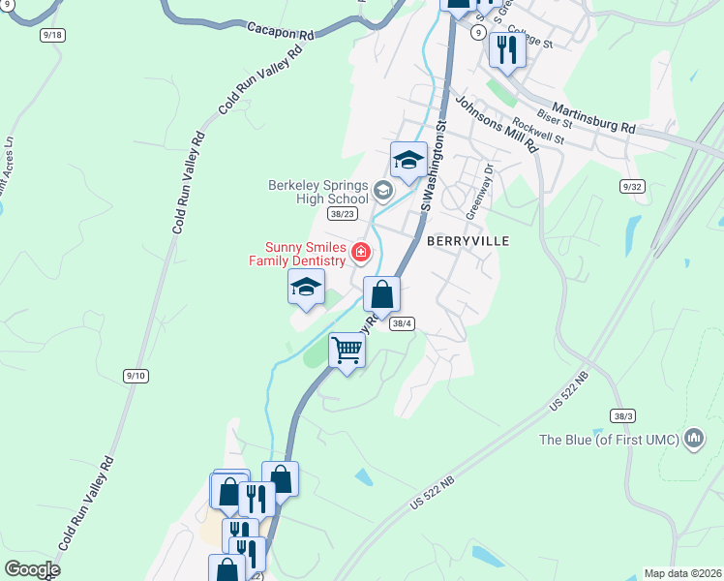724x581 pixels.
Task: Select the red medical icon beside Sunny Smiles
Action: [x=360, y=253]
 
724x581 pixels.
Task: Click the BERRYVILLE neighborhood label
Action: [x=467, y=239]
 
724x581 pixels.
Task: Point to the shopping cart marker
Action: [x=347, y=351]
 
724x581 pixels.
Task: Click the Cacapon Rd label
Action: [x=281, y=32]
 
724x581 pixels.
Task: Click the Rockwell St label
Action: [x=538, y=130]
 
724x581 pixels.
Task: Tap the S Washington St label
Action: [x=433, y=165]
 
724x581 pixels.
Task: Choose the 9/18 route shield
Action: [x=52, y=35]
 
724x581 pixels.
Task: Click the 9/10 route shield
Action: [x=136, y=375]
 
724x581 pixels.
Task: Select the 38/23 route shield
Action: [x=343, y=214]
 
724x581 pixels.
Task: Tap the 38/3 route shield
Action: [x=623, y=415]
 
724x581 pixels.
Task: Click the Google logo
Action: [x=32, y=569]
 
